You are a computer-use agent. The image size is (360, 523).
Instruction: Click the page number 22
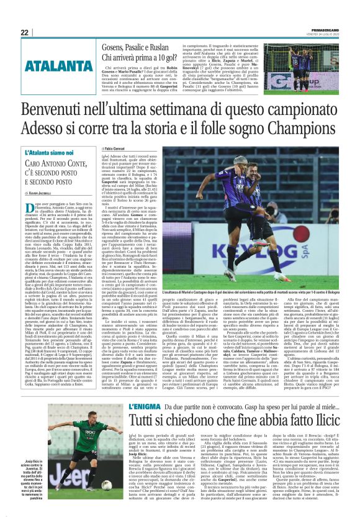[x=24, y=32]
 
